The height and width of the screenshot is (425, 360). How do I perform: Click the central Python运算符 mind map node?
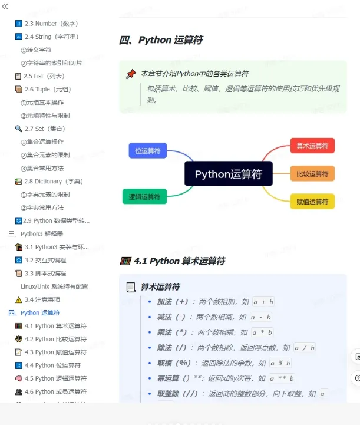pos(228,174)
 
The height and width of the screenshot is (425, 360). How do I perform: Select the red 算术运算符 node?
pos(312,146)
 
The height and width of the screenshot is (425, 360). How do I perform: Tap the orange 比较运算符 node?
pos(312,174)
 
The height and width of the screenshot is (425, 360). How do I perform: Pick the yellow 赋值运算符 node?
pos(312,202)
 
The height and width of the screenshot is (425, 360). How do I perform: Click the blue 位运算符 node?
pos(148,151)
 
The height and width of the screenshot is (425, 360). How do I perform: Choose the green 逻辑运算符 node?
pos(145,196)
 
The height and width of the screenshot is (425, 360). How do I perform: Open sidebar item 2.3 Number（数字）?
pos(51,24)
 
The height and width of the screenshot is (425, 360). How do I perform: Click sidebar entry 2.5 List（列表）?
pos(44,76)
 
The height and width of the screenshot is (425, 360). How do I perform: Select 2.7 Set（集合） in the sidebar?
pos(44,129)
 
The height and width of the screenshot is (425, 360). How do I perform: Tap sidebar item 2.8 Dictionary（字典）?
pos(53,182)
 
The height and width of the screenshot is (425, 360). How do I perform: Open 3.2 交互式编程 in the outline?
pos(45,260)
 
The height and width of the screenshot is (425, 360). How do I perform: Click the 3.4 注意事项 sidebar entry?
pos(42,299)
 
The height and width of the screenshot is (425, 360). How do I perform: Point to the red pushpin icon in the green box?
pos(131,74)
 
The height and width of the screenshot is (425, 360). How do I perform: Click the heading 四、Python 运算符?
pos(161,40)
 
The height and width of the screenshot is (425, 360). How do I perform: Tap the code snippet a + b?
pos(263,302)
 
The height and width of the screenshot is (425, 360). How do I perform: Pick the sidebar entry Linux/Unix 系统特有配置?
pos(54,286)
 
